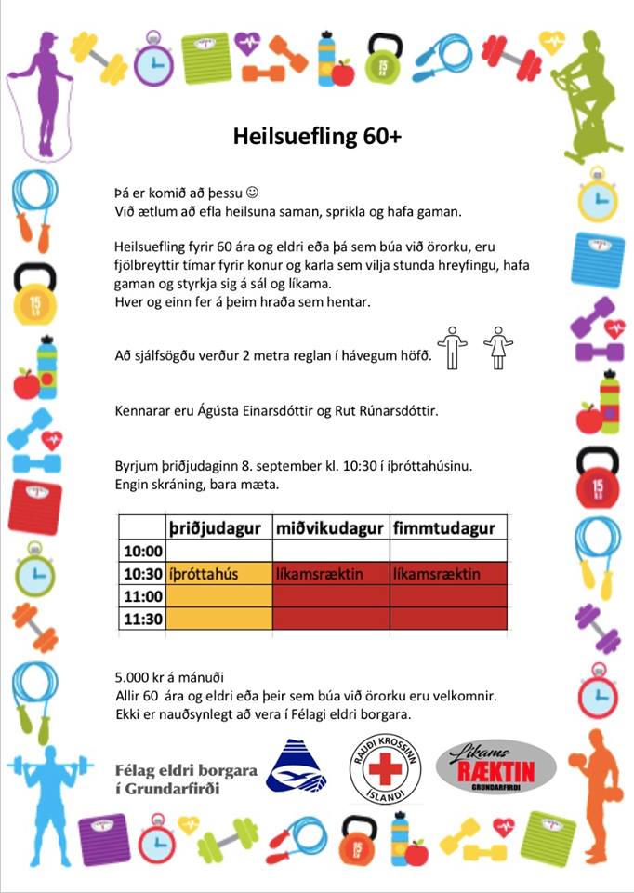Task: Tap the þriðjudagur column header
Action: coord(218,528)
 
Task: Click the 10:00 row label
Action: coord(143,552)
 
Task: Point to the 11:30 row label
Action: coord(143,619)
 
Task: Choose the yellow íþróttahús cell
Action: coord(204,574)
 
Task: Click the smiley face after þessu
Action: coord(251,193)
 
